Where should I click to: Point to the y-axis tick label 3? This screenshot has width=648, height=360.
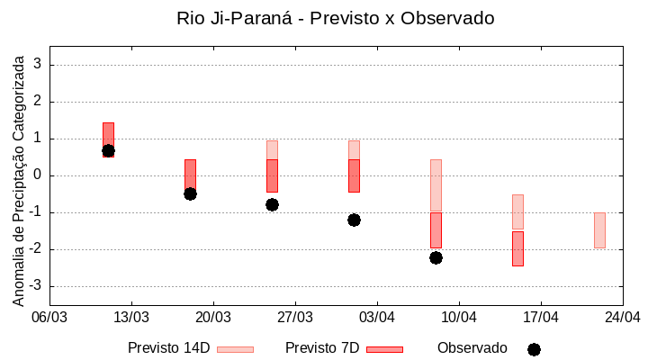(38, 65)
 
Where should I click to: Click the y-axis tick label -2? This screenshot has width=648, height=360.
(35, 249)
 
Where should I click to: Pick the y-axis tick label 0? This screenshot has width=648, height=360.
(38, 175)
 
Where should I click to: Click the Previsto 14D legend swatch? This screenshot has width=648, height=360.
(235, 349)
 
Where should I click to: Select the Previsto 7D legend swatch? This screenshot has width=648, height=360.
(384, 349)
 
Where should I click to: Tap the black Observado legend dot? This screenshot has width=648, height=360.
(534, 349)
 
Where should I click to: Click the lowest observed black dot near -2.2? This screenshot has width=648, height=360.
(436, 257)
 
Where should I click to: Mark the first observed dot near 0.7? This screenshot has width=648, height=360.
(108, 151)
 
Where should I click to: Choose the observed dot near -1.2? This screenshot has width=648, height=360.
(354, 220)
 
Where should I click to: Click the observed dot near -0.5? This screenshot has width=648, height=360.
(190, 193)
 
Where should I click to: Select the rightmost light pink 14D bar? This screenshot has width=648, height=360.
(599, 229)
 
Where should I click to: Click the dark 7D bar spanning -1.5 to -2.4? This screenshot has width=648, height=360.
(517, 248)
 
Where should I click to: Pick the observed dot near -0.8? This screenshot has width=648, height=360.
(272, 204)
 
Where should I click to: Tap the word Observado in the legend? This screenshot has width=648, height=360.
(472, 347)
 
